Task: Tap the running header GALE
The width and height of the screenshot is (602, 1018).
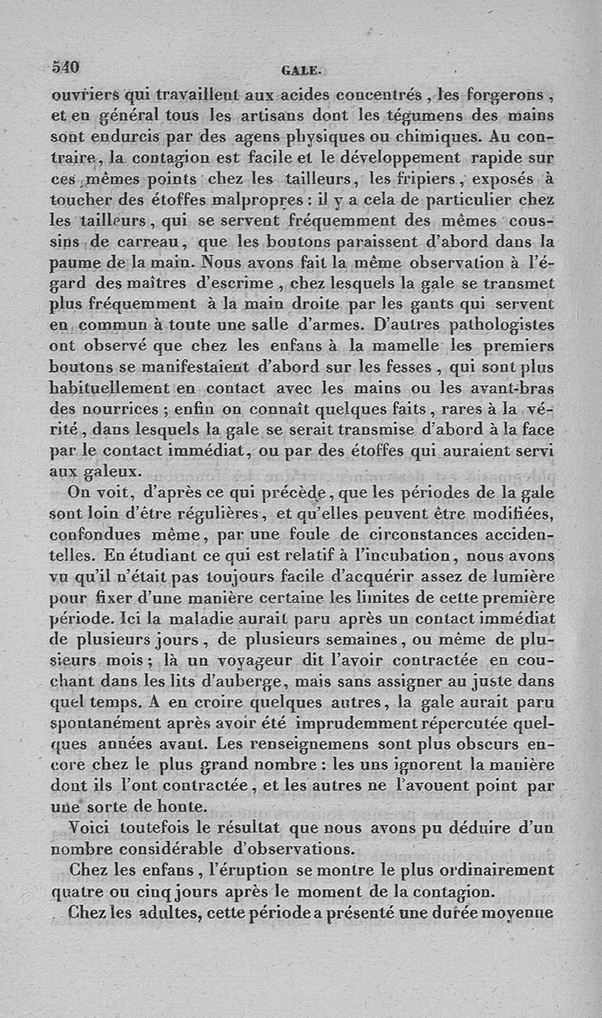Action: [x=302, y=72]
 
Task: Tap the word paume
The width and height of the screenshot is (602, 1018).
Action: [x=76, y=264]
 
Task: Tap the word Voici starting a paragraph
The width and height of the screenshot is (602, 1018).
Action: [x=91, y=828]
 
